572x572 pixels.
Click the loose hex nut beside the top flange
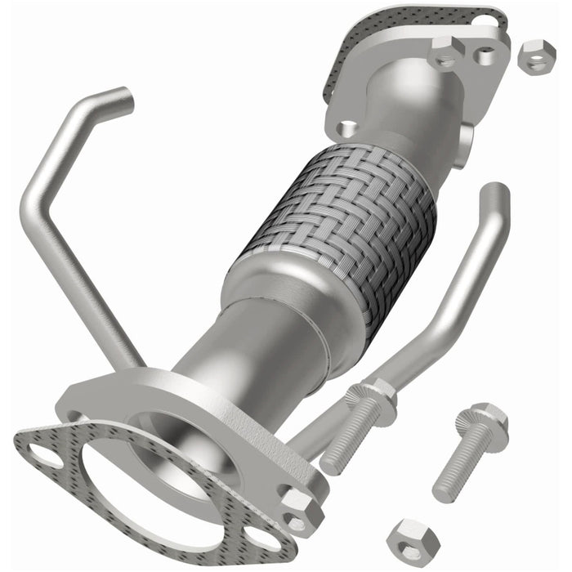[x=537, y=56]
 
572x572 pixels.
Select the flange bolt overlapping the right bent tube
[x=360, y=427]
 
